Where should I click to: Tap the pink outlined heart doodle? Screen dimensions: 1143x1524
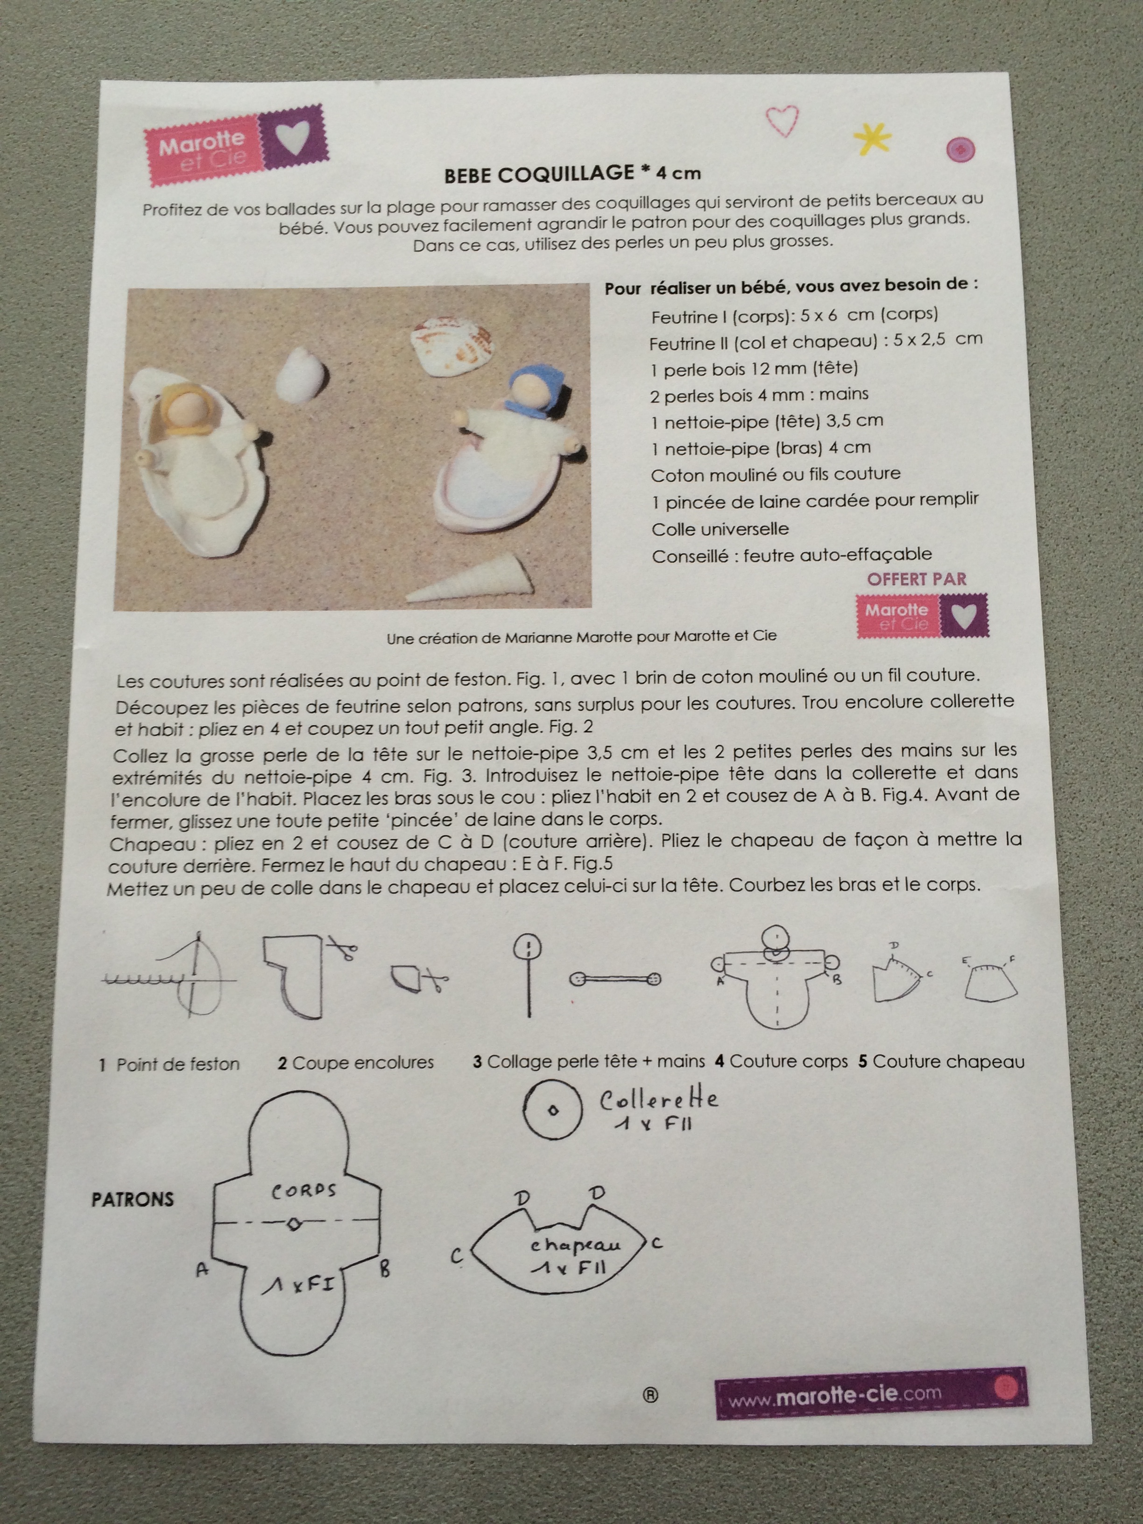783,120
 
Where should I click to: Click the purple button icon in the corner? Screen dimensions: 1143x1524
960,149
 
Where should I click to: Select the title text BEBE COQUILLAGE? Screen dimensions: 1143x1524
539,174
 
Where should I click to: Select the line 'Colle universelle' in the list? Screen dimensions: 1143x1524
720,529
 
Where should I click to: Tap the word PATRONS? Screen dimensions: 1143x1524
132,1199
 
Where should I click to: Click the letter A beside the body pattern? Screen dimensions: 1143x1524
202,1269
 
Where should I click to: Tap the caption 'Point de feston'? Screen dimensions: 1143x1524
178,1065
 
